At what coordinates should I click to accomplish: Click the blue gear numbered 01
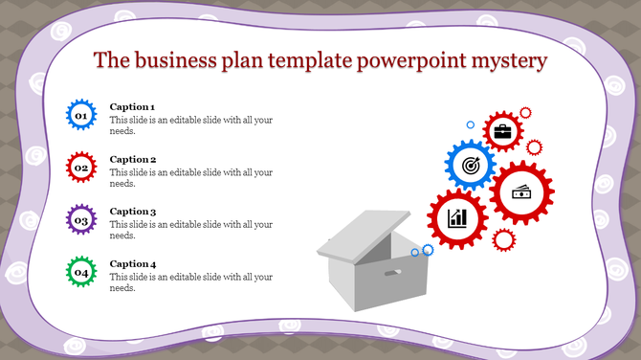tap(81, 116)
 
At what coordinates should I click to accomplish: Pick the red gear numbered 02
tap(81, 169)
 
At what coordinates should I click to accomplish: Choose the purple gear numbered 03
tap(81, 221)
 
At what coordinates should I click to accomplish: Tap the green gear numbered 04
tap(81, 274)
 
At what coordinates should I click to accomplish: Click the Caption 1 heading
tap(133, 107)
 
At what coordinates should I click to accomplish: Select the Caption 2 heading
tap(133, 160)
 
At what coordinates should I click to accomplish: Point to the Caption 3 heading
tap(133, 212)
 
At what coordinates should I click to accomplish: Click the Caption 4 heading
tap(133, 264)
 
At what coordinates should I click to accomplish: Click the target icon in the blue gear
tap(470, 165)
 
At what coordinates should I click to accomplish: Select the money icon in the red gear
tap(522, 191)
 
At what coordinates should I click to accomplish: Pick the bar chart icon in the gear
tap(458, 218)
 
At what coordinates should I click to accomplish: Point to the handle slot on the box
tap(391, 274)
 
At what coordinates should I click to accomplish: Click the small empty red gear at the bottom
tap(504, 239)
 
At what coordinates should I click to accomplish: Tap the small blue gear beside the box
tap(427, 250)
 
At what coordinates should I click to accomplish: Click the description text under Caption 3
tap(191, 230)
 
